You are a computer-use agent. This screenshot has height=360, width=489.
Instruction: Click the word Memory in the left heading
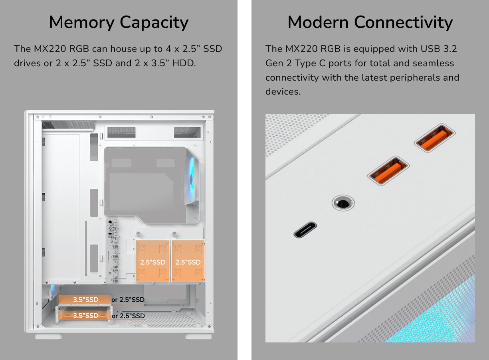click(x=82, y=22)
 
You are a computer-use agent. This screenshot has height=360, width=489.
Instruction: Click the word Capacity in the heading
click(x=154, y=23)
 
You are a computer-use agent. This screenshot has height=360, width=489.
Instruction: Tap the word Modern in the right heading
click(x=318, y=22)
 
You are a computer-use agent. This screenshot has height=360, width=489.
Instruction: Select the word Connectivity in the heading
click(x=404, y=23)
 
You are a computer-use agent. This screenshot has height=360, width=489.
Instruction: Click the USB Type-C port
click(x=305, y=229)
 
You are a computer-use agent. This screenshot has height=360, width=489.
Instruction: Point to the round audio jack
click(x=343, y=203)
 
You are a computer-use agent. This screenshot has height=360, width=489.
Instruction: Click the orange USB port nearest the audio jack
click(x=388, y=171)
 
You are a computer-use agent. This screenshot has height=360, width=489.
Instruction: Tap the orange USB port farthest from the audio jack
click(x=435, y=138)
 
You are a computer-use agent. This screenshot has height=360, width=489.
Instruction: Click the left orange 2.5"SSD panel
click(x=152, y=261)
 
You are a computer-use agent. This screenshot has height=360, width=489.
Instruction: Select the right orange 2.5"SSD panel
click(x=188, y=261)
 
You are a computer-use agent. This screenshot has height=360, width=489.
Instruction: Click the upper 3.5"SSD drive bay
click(x=84, y=299)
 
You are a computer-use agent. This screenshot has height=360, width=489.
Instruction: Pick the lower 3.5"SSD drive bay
click(x=84, y=315)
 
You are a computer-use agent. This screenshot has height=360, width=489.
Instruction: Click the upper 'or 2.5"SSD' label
click(x=128, y=300)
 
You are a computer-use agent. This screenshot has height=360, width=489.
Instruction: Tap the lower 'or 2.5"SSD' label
click(x=128, y=316)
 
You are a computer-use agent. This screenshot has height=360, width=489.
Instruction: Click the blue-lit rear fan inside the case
click(x=192, y=179)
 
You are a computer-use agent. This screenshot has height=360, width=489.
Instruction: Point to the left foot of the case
click(x=49, y=336)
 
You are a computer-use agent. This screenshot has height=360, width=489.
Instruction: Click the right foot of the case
click(x=198, y=336)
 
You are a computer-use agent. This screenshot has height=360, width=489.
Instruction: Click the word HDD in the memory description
click(x=184, y=63)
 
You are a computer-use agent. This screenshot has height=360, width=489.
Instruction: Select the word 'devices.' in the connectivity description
click(x=283, y=91)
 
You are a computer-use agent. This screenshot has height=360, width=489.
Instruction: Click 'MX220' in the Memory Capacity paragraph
click(x=50, y=49)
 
